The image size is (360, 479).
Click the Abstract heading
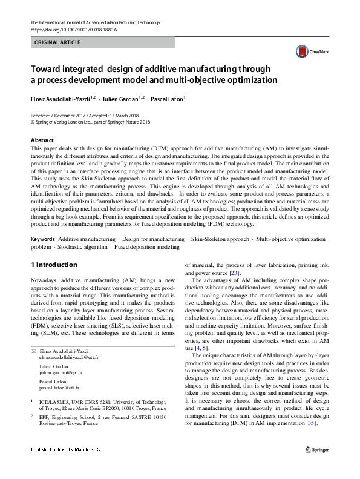tap(42, 140)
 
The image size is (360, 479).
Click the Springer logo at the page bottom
tap(317, 449)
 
